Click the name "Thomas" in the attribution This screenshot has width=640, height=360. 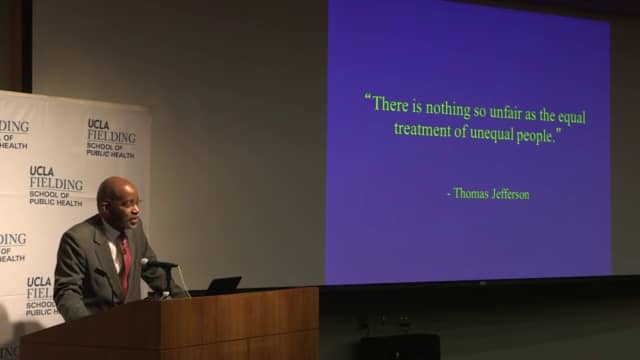[x=471, y=193]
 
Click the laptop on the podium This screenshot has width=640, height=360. [x=221, y=286]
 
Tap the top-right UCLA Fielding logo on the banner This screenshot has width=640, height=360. [x=109, y=138]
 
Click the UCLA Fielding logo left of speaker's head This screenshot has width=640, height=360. [x=55, y=185]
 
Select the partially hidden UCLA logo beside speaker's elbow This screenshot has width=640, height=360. [x=40, y=296]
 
